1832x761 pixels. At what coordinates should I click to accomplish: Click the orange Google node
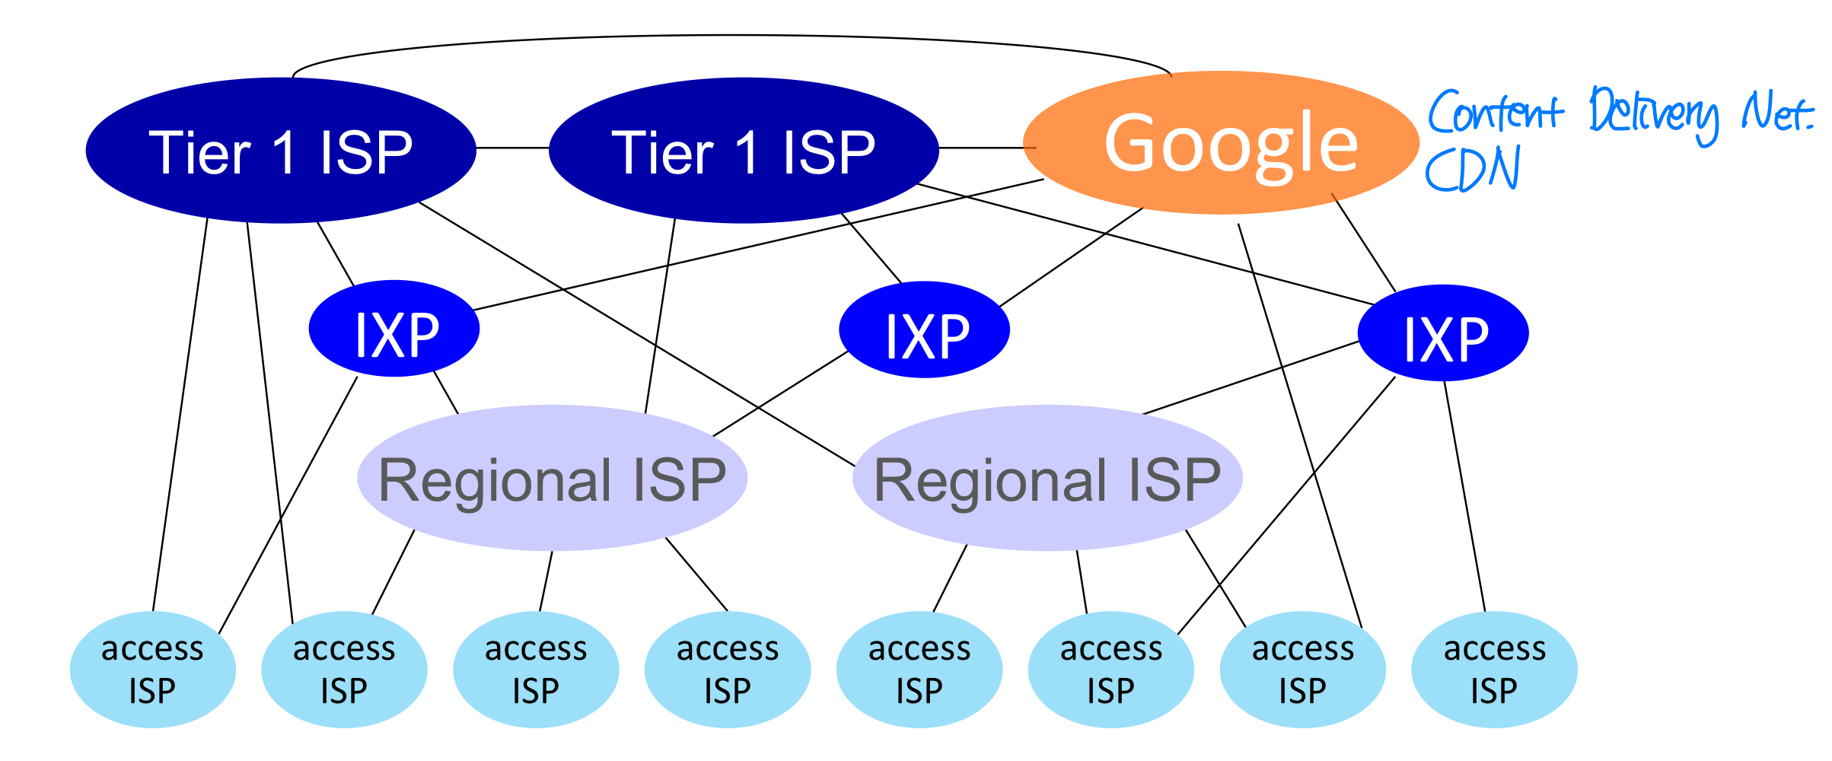pos(1221,143)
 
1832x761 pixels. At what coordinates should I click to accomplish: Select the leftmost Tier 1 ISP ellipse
pos(281,151)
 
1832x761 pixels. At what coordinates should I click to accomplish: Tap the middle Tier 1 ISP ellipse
pos(744,151)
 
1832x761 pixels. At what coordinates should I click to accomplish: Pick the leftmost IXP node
pos(394,330)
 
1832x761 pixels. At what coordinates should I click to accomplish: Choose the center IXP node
pos(924,330)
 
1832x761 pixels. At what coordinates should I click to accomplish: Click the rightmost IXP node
pos(1443,333)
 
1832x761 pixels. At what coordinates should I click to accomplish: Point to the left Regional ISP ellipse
pos(552,478)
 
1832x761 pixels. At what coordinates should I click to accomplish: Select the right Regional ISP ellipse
pos(1047,478)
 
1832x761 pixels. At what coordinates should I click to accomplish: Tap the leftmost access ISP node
pos(152,670)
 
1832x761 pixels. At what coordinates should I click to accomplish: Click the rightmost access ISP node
pos(1494,670)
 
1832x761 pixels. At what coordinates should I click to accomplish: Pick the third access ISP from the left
pos(536,670)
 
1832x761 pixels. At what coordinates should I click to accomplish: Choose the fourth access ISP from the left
pos(728,670)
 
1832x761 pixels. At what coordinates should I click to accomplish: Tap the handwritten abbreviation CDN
pos(1472,169)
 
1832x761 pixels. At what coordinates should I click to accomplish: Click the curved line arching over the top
pos(731,36)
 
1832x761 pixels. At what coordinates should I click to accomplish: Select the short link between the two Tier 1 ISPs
pos(512,148)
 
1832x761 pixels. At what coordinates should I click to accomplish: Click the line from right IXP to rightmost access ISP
pos(1464,495)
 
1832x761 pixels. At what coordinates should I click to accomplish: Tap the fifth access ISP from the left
pos(919,670)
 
